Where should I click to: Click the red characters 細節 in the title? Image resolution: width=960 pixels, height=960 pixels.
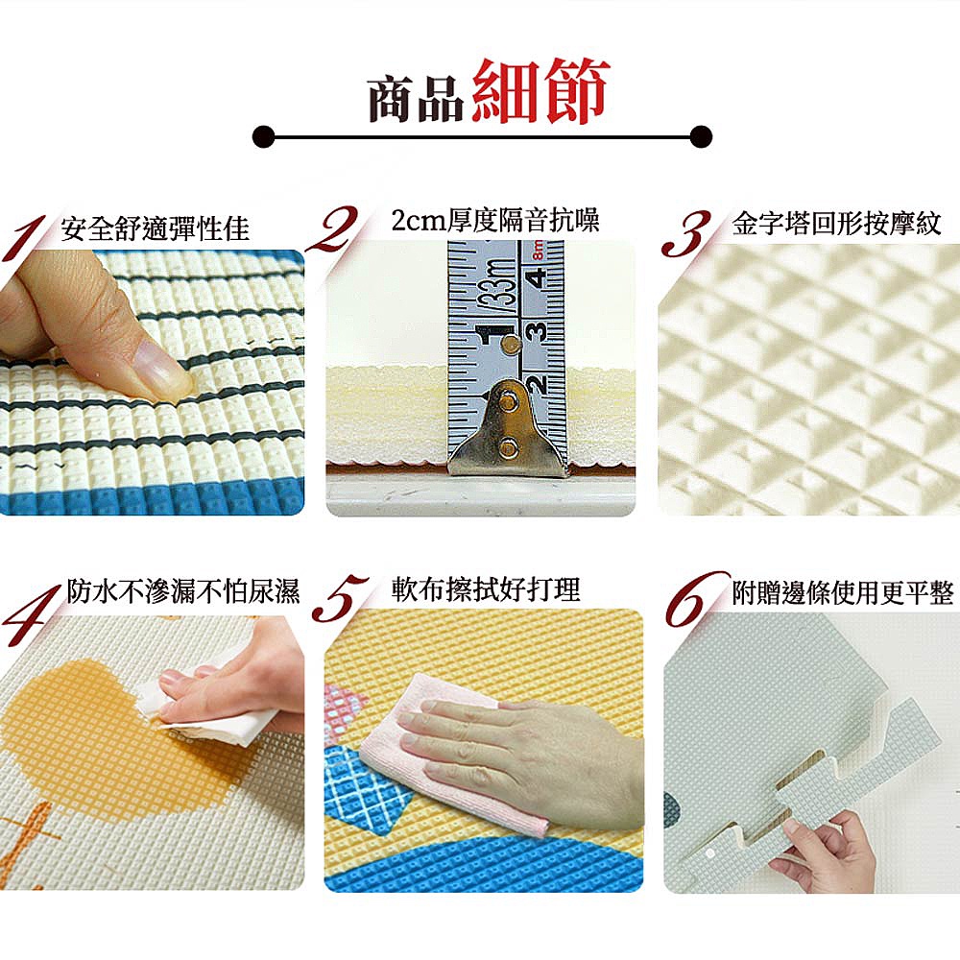540,89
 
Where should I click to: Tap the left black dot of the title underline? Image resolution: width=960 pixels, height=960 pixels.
263,136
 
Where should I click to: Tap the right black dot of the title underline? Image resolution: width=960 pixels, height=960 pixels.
701,136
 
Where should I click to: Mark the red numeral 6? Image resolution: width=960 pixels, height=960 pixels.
695,599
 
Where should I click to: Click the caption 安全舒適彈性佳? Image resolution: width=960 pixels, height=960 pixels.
155,228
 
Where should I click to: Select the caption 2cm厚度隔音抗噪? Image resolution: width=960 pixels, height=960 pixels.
495,221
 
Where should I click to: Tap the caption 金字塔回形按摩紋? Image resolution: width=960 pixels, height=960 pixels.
836,224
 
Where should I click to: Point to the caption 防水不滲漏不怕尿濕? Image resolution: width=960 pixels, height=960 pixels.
183,590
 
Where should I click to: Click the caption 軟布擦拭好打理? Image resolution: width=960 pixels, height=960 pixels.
486,589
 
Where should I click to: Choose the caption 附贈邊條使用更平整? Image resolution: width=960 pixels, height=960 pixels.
843,592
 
